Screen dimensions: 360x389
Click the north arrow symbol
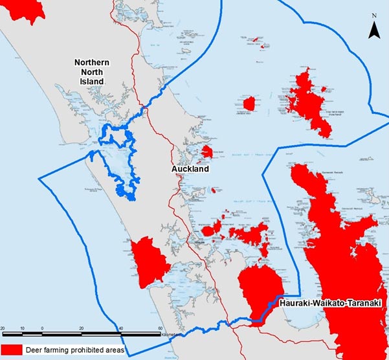[373, 28]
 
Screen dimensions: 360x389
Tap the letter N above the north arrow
[373, 14]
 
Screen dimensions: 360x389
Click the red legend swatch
[12, 350]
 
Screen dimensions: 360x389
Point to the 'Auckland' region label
[190, 169]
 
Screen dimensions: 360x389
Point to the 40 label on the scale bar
[121, 329]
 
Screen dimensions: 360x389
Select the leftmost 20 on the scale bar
[4, 329]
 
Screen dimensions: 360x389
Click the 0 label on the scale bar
[42, 329]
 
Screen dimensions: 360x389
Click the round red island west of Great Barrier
[249, 104]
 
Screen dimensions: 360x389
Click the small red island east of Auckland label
[208, 152]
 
